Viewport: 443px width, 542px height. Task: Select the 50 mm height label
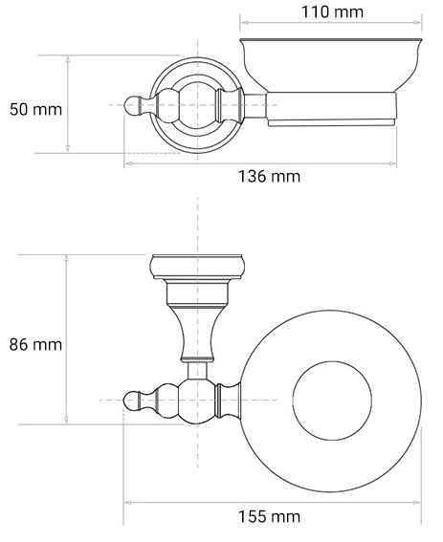35,108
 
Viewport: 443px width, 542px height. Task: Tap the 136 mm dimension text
269,176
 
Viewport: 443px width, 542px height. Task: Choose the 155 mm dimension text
269,517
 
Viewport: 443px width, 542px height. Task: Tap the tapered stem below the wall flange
197,325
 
